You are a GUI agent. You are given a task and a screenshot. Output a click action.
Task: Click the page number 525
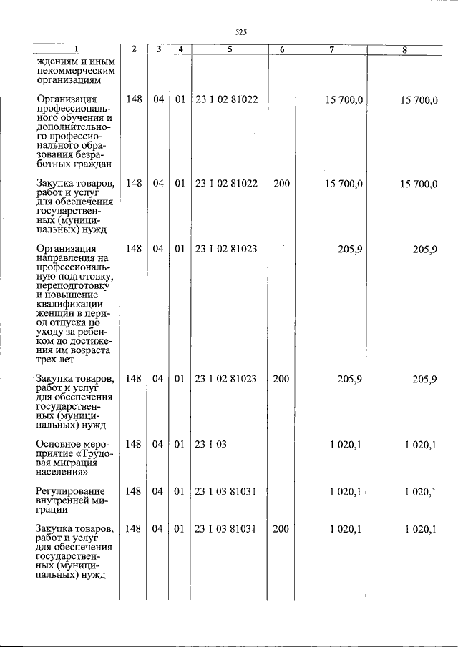(240, 32)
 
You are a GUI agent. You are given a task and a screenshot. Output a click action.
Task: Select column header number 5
(229, 49)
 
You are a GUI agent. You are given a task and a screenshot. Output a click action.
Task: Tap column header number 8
(404, 49)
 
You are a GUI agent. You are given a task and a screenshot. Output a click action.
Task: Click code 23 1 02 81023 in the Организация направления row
(225, 249)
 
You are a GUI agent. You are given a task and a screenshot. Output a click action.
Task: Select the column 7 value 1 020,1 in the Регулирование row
(346, 491)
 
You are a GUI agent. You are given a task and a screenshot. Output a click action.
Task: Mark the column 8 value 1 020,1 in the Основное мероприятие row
(420, 445)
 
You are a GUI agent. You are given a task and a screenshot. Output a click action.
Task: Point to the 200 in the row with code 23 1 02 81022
(281, 184)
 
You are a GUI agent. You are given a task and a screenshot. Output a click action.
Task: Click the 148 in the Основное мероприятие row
(133, 445)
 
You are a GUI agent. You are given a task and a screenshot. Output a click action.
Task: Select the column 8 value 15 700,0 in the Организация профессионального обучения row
(418, 100)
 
